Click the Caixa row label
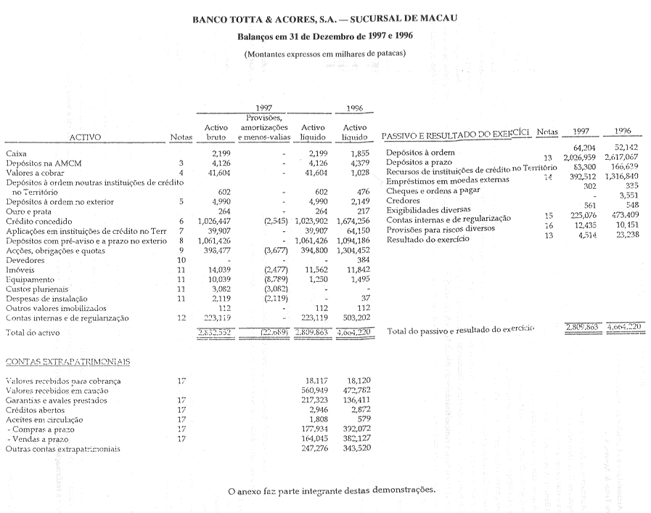16,153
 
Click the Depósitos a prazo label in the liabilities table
420,162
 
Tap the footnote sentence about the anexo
332,491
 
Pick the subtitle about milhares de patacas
324,53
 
